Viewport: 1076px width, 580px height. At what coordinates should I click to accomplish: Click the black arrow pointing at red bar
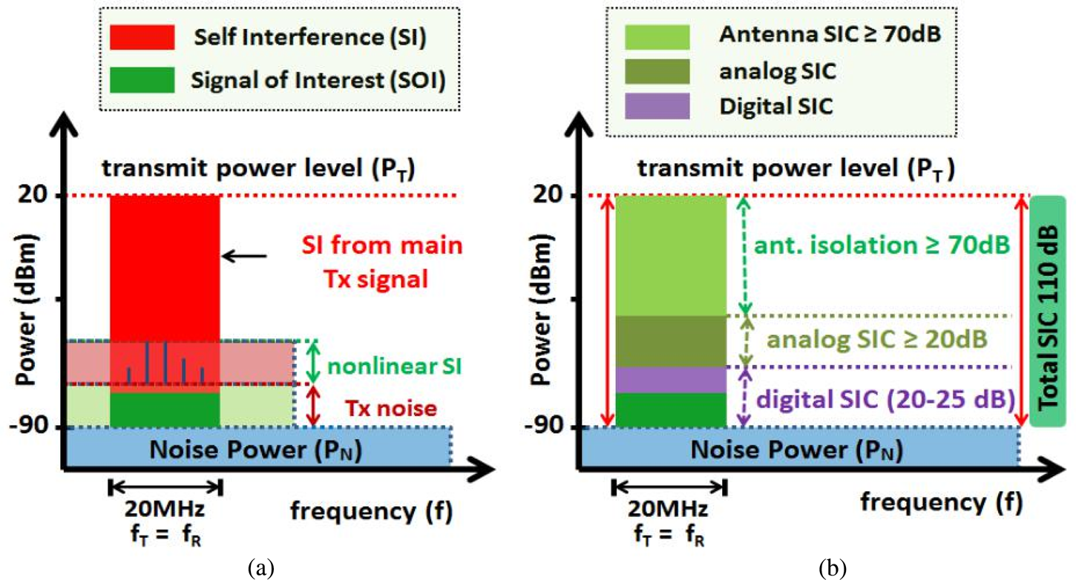pos(246,256)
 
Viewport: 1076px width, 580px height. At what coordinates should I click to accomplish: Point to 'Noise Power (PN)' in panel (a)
pos(255,449)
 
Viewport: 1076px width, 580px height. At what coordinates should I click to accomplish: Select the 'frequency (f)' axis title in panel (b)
pos(941,503)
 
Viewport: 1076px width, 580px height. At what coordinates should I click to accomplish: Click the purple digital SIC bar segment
pos(671,379)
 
